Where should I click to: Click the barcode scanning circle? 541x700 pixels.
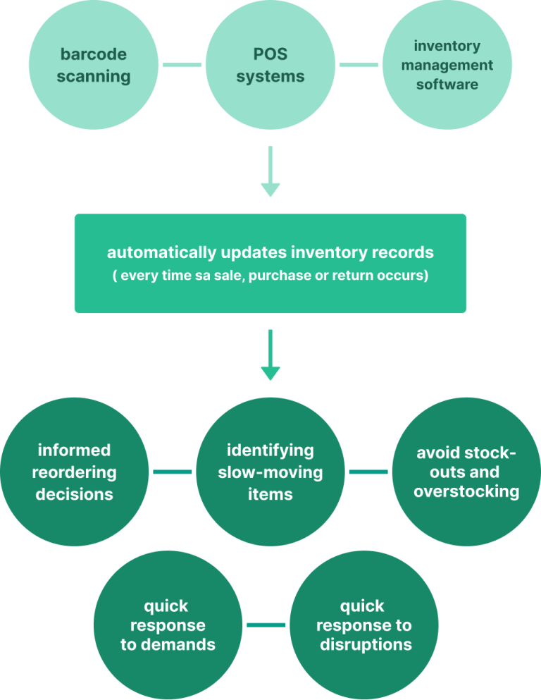pyautogui.click(x=94, y=66)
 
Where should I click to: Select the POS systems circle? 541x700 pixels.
pyautogui.click(x=270, y=66)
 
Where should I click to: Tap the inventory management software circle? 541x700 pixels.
pyautogui.click(x=447, y=66)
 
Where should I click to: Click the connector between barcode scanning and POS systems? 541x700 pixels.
pyautogui.click(x=182, y=66)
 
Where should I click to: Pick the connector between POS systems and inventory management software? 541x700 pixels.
pyautogui.click(x=359, y=66)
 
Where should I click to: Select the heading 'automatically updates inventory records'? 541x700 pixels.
pyautogui.click(x=270, y=252)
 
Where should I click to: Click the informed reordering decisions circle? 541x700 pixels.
pyautogui.click(x=75, y=472)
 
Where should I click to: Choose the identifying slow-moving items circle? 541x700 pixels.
pyautogui.click(x=270, y=472)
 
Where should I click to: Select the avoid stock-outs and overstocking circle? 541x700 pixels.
pyautogui.click(x=466, y=472)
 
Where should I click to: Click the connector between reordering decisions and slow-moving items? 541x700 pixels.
pyautogui.click(x=173, y=472)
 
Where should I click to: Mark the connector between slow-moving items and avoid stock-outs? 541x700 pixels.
pyautogui.click(x=368, y=472)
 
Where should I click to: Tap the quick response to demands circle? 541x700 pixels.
pyautogui.click(x=168, y=625)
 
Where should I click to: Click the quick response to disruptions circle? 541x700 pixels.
pyautogui.click(x=364, y=625)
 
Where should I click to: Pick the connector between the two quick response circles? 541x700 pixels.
pyautogui.click(x=266, y=625)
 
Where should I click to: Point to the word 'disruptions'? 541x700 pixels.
pyautogui.click(x=366, y=644)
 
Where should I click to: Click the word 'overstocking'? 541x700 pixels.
pyautogui.click(x=466, y=491)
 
